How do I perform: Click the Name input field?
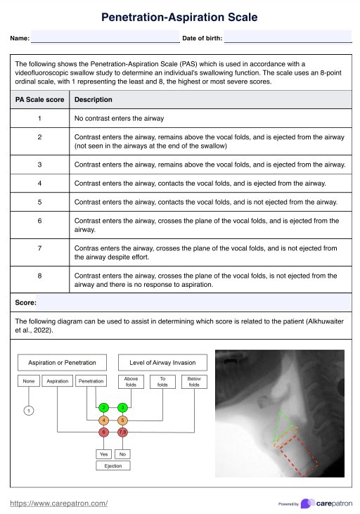tap(105, 37)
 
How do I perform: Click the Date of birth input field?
tap(288, 37)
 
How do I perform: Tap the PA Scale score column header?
tap(39, 100)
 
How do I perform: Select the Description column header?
tap(93, 100)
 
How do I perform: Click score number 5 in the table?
tap(39, 202)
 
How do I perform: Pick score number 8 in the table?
tap(39, 276)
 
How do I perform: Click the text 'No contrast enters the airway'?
tap(119, 118)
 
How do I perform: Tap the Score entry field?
tap(194, 302)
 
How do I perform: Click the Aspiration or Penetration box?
tap(62, 363)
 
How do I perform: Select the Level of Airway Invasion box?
tap(162, 363)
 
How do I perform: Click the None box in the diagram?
tap(29, 381)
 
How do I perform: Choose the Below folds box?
tap(194, 382)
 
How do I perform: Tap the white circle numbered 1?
tap(29, 411)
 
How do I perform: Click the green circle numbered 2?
tap(103, 408)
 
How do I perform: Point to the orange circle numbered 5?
tap(122, 420)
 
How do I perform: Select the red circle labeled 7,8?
tap(122, 432)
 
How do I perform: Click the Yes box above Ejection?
tap(103, 454)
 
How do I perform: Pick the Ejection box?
tap(113, 465)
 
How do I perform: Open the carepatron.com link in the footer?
tap(58, 503)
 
